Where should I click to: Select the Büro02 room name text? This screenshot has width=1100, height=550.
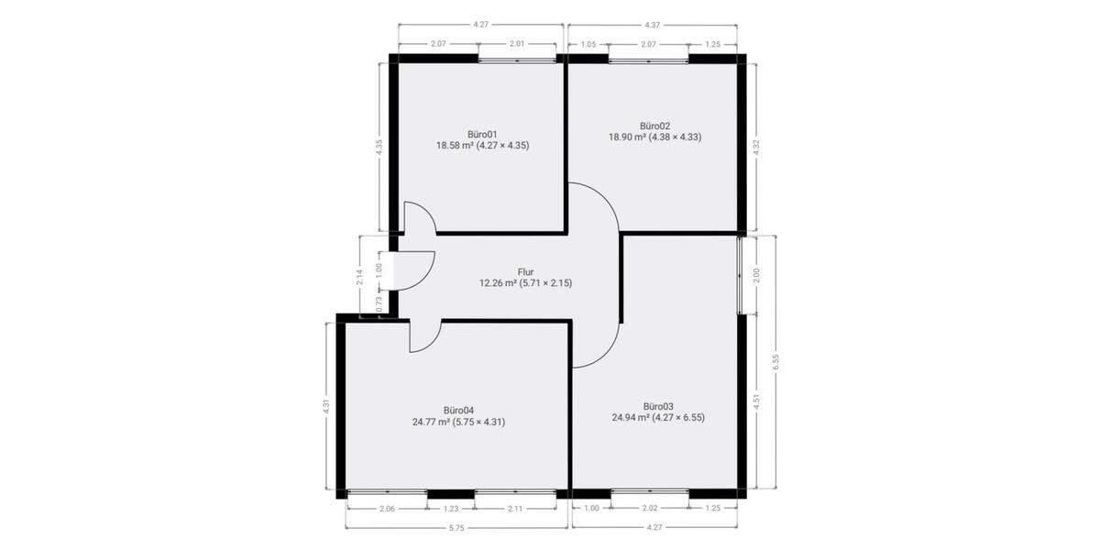point(654,126)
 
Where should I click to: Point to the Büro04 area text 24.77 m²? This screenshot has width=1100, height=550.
point(432,423)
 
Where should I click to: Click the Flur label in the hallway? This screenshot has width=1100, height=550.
point(525,271)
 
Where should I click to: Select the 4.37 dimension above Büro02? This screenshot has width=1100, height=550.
point(653,25)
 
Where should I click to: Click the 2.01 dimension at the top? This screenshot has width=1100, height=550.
point(516,43)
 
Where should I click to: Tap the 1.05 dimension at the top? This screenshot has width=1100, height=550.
point(588,43)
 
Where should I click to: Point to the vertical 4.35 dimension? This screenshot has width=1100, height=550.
point(379,148)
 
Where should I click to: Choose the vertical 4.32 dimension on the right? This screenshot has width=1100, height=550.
point(756,148)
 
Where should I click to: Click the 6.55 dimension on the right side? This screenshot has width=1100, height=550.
point(775,362)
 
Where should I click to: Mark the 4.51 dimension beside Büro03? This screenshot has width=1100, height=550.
point(756,400)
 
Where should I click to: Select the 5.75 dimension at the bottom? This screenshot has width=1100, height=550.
point(456,528)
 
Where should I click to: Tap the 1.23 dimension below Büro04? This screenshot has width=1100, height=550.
point(450,509)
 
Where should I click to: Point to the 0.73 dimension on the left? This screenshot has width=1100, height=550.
point(379,303)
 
